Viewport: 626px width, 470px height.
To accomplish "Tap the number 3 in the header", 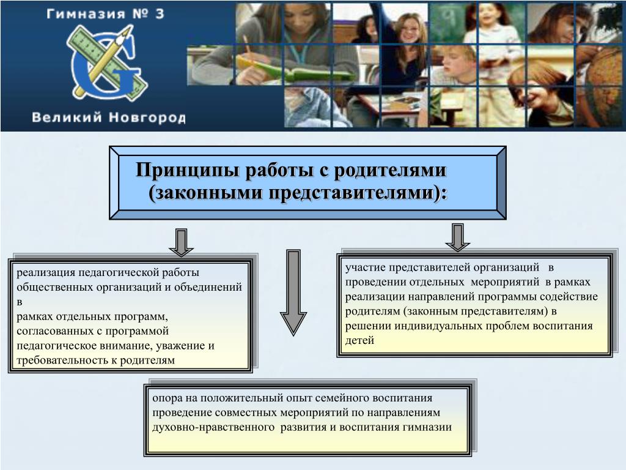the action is pyautogui.click(x=160, y=16).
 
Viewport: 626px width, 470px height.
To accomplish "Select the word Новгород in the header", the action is pyautogui.click(x=147, y=117).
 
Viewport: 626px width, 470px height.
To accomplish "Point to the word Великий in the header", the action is pyautogui.click(x=67, y=117).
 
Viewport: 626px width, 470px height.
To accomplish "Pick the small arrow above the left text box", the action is pyautogui.click(x=181, y=242).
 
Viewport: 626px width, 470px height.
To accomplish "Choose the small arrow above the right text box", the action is pyautogui.click(x=457, y=237).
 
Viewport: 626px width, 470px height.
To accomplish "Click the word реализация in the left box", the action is pyautogui.click(x=45, y=272).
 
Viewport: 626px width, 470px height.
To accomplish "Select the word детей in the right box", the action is pyautogui.click(x=359, y=340).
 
